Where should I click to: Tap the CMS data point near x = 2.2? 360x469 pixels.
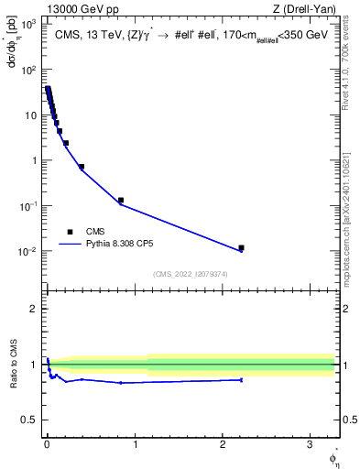[x=241, y=247]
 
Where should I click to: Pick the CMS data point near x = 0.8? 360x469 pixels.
[x=120, y=200]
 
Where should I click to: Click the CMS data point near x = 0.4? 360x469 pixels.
[x=82, y=167]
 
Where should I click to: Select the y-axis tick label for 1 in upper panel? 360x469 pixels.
[x=33, y=160]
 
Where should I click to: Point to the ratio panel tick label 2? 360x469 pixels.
[x=34, y=309]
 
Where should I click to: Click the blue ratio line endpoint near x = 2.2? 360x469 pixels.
[x=241, y=379]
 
